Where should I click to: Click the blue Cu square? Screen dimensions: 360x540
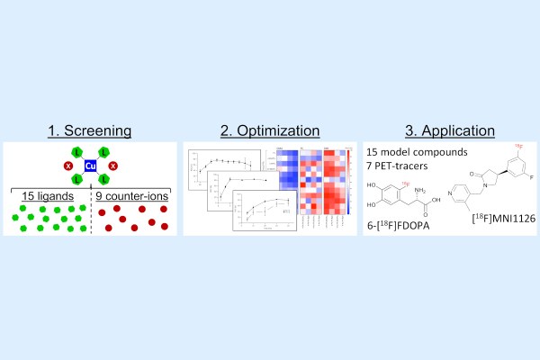coord(90,166)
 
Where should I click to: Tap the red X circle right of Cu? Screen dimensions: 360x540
coord(112,166)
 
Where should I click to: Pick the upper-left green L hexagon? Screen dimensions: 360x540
coord(77,151)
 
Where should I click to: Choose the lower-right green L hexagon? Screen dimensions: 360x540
coord(103,180)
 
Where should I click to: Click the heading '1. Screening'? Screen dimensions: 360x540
coord(90,130)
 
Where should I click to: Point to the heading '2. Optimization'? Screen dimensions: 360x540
coord(269,130)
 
